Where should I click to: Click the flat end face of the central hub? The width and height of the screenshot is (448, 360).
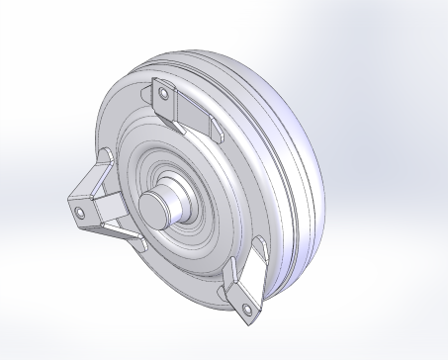tap(154, 209)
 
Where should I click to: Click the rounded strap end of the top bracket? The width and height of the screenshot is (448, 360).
tap(213, 130)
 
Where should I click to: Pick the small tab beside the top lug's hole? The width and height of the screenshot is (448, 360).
tap(148, 94)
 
